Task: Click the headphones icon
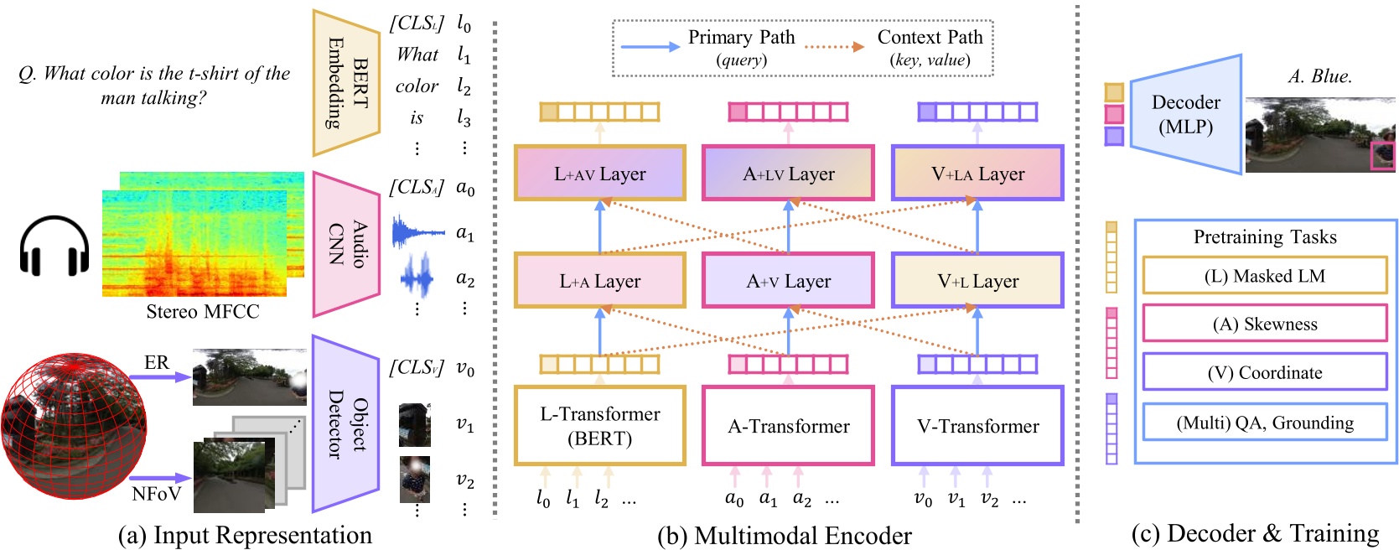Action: pos(54,246)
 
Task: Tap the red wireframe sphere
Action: pos(74,425)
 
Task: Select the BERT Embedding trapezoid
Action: pos(345,83)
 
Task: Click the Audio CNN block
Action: pos(345,244)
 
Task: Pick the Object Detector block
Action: pos(345,423)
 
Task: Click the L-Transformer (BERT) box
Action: pos(599,426)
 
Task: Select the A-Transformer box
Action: pos(788,426)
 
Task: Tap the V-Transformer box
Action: pos(977,426)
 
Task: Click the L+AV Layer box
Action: pos(599,174)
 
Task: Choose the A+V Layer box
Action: pos(788,281)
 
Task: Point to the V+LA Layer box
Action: pos(977,174)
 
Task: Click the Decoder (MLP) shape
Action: pos(1185,115)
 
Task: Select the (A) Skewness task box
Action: pos(1264,324)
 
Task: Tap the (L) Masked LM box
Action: pos(1264,276)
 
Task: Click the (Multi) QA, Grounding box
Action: pos(1264,423)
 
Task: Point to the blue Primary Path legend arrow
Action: pos(650,47)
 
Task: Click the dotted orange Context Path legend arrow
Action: pos(834,47)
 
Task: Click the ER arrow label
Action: pos(157,362)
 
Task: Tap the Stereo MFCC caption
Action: pos(203,312)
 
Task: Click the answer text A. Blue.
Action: pos(1319,76)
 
